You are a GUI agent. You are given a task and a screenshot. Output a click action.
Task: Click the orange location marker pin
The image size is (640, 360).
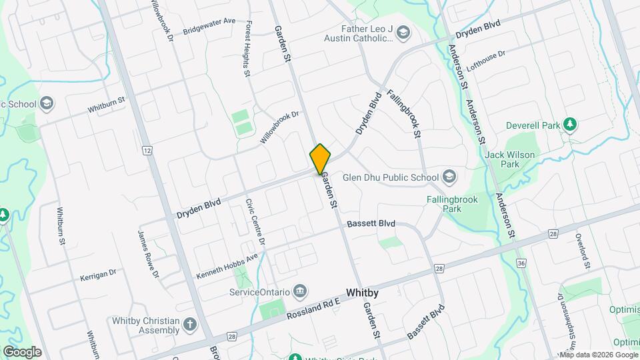pyautogui.click(x=321, y=159)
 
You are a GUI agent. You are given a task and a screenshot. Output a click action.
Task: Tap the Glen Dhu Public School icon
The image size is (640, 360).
pyautogui.click(x=449, y=177)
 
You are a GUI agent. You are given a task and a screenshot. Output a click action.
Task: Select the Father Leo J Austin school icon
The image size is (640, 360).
pyautogui.click(x=403, y=32)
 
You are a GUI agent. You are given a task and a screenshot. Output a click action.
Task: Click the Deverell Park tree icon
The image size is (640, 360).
pyautogui.click(x=570, y=125)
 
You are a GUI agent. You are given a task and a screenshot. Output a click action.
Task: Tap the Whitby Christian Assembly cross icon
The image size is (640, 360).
pyautogui.click(x=191, y=325)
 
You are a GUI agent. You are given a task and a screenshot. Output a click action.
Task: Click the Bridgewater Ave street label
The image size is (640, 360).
pyautogui.click(x=209, y=25)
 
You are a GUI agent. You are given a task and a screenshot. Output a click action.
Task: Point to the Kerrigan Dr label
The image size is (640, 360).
pyautogui.click(x=98, y=273)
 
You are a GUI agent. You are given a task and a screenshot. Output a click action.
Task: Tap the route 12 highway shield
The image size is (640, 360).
pyautogui.click(x=146, y=151)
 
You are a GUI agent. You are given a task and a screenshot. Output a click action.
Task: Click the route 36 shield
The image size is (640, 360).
pyautogui.click(x=521, y=264)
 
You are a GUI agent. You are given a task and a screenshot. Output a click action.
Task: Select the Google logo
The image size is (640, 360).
pyautogui.click(x=21, y=352)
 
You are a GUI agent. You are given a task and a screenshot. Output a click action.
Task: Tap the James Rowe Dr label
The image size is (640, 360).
pyautogui.click(x=148, y=254)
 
